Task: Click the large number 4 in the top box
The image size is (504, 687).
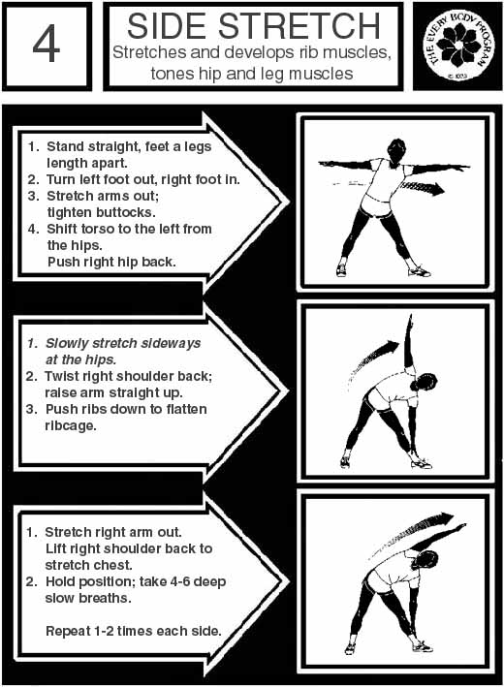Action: pos(46,44)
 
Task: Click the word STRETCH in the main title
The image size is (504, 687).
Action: pos(299,26)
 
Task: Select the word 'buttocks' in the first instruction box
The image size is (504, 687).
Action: pos(101,212)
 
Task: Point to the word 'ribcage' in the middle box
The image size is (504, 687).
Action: pos(69,426)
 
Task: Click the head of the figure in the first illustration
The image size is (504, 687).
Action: pos(396,150)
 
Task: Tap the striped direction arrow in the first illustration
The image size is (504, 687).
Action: pos(423,188)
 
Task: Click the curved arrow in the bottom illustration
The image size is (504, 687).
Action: pos(412,530)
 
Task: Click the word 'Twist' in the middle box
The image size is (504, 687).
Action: pos(61,376)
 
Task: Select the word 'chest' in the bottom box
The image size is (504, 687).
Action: pos(110,565)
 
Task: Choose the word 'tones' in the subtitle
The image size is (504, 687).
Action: pos(172,74)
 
